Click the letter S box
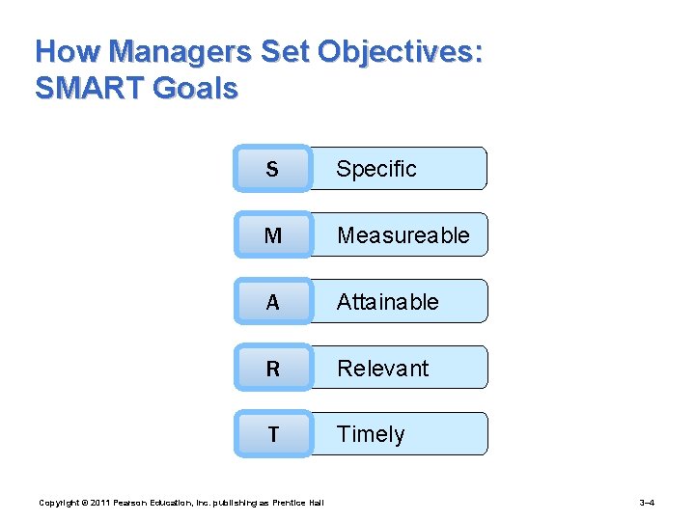272,169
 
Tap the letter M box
272,234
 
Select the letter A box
272,302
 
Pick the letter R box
272,368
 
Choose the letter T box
272,434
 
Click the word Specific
375,169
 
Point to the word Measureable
403,234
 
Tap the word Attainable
387,302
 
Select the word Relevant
382,368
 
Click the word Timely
370,434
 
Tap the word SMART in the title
89,89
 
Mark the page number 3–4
648,503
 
